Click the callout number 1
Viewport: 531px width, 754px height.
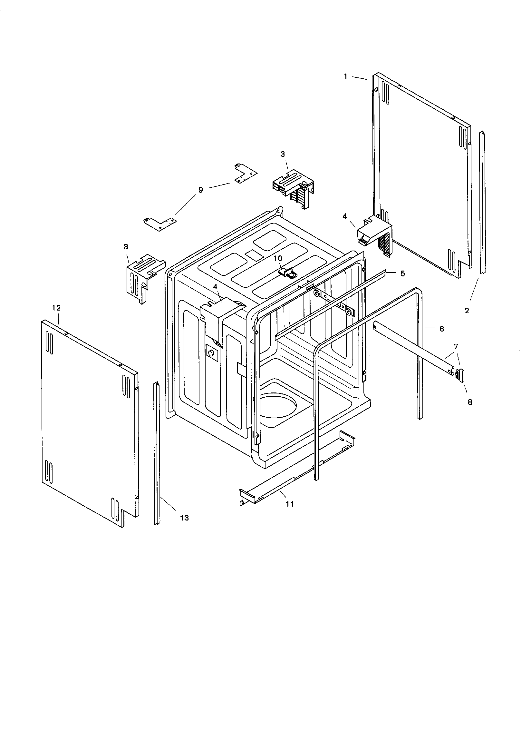pyautogui.click(x=345, y=76)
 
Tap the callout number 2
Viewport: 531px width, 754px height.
pyautogui.click(x=467, y=310)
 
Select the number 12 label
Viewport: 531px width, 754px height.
pyautogui.click(x=56, y=308)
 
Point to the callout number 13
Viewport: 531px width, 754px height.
pyautogui.click(x=184, y=518)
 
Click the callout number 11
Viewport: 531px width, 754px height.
pyautogui.click(x=289, y=504)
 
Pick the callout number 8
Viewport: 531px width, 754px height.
pyautogui.click(x=470, y=402)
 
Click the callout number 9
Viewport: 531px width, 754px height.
pyautogui.click(x=200, y=190)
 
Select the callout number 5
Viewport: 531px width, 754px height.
pyautogui.click(x=402, y=273)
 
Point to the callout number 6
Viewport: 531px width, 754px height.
pyautogui.click(x=441, y=328)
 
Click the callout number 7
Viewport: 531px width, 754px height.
pyautogui.click(x=456, y=346)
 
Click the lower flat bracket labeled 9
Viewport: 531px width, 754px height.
pyautogui.click(x=160, y=223)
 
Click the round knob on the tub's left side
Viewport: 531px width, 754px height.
pyautogui.click(x=211, y=353)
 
